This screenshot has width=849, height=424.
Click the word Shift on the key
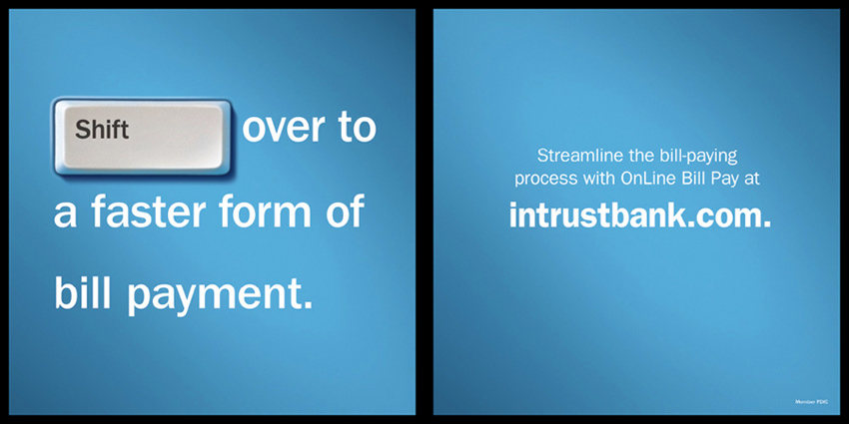pos(102,130)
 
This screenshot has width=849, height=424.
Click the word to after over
pos(357,128)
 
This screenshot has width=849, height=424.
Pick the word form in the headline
pos(266,212)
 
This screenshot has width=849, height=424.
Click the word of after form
pos(345,212)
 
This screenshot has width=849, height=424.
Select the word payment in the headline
pos(220,296)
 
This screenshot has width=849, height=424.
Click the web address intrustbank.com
pos(639,215)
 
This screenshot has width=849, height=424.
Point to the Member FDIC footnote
pos(809,402)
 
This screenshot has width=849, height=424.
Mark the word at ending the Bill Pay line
pos(752,179)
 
